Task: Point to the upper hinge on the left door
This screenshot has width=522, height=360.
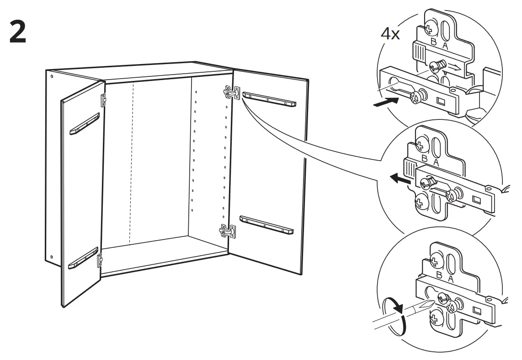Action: pyautogui.click(x=104, y=98)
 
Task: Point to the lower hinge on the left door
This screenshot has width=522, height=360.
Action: pyautogui.click(x=100, y=260)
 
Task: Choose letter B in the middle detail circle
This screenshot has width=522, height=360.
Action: pyautogui.click(x=424, y=158)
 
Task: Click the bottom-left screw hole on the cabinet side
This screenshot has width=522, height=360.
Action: pyautogui.click(x=51, y=257)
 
